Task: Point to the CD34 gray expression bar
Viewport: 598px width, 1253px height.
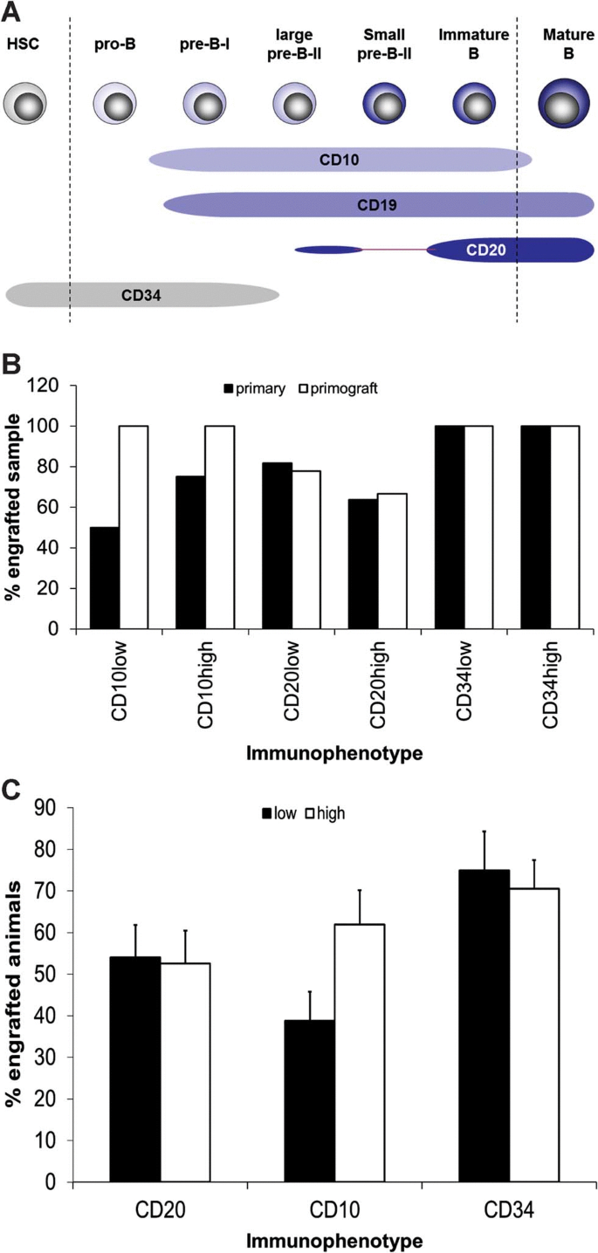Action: coord(141,296)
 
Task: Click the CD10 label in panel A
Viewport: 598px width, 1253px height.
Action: coord(340,160)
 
